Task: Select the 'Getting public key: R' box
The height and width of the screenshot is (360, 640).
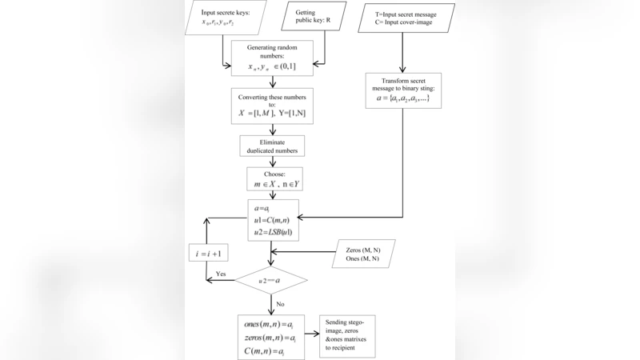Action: click(x=318, y=18)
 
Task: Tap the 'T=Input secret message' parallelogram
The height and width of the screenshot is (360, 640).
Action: click(x=403, y=18)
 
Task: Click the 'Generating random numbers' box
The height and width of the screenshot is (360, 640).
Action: click(x=272, y=58)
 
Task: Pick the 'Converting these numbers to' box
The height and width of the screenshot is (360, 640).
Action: click(x=272, y=106)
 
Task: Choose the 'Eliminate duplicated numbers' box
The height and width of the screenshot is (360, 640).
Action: click(x=272, y=146)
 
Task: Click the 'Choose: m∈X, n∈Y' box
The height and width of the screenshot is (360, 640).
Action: click(x=272, y=178)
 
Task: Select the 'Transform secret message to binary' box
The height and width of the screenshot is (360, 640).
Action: click(x=403, y=90)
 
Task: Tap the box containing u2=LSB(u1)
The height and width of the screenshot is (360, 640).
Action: click(x=273, y=220)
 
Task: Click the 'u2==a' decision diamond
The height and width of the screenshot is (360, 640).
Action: click(x=271, y=281)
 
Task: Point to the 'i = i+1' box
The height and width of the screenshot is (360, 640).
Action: click(x=207, y=254)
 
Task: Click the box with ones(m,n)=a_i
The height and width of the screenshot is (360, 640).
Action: click(x=271, y=337)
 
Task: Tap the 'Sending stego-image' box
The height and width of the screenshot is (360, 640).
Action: click(x=347, y=336)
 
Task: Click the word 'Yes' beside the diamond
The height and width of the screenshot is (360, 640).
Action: click(x=221, y=274)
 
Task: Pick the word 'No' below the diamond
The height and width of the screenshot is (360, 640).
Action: click(x=279, y=304)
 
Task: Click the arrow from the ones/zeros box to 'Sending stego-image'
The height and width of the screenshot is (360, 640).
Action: click(x=311, y=337)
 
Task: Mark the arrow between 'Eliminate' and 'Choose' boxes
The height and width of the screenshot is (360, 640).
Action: click(x=273, y=162)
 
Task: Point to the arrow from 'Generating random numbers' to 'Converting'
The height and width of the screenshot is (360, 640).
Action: click(x=273, y=82)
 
